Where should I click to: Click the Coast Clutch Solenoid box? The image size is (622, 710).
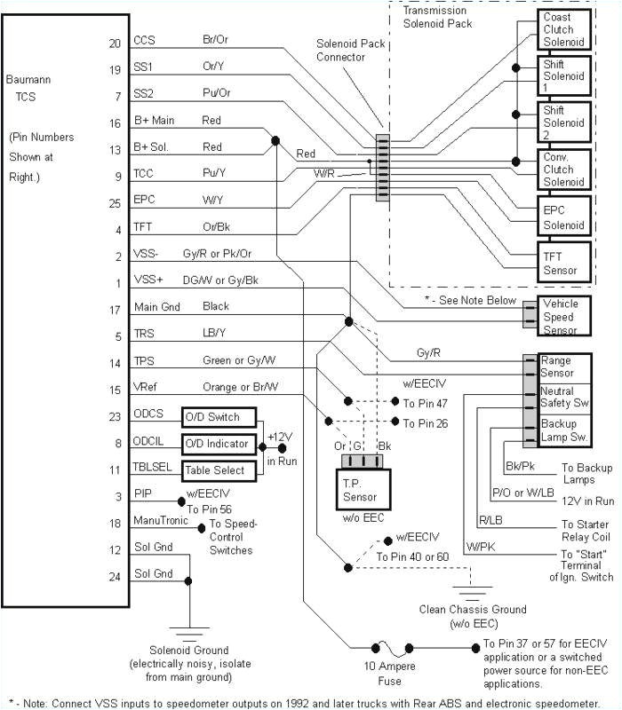point(563,29)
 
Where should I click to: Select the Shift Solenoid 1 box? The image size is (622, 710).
point(563,77)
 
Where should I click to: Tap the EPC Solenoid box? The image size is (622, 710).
point(563,217)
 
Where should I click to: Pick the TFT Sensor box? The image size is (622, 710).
point(563,264)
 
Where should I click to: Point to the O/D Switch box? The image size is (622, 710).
point(218,417)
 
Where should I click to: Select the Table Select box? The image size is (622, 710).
point(218,469)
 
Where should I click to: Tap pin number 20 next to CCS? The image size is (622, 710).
point(114,41)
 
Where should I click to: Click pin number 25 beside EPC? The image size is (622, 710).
point(114,202)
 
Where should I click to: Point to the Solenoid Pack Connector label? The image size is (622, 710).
point(340,51)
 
